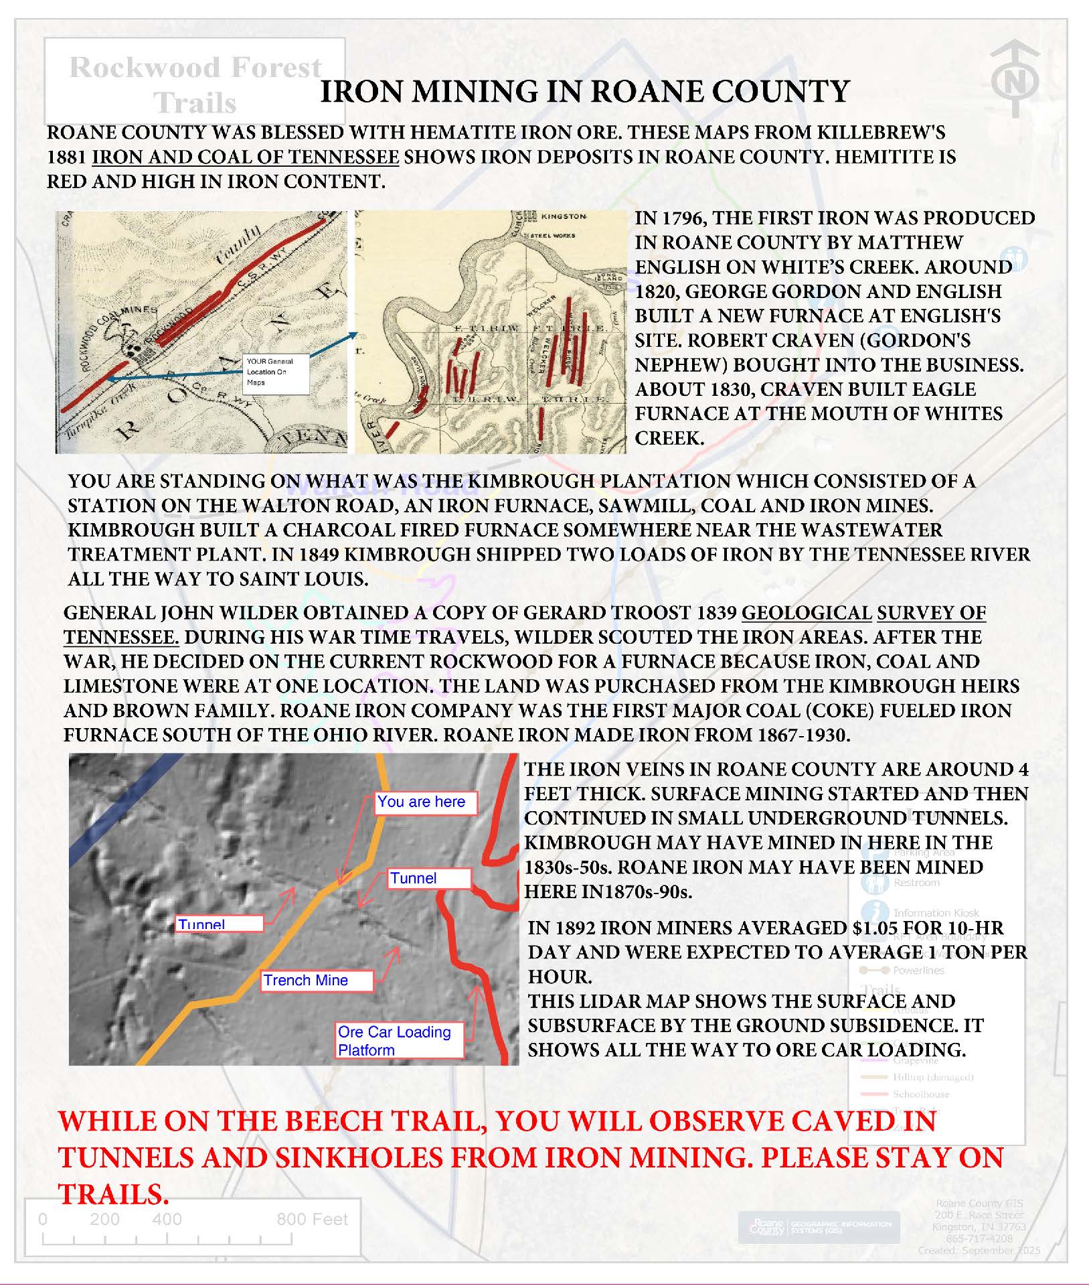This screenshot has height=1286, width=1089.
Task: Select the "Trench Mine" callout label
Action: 315,981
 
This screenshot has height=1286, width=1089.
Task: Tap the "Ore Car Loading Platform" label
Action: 399,1040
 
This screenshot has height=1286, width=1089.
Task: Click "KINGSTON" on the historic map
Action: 564,218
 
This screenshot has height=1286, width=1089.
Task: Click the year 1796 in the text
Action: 685,218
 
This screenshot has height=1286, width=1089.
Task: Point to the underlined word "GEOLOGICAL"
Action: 807,613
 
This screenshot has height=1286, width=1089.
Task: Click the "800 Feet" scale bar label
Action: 312,1219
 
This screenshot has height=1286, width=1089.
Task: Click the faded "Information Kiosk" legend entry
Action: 935,913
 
